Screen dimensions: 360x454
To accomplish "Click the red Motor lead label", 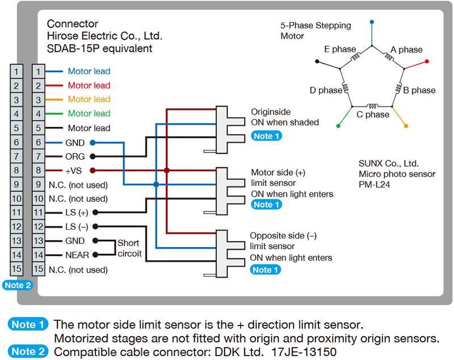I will pyautogui.click(x=89, y=86).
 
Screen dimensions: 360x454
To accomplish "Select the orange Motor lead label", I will pyautogui.click(x=89, y=100).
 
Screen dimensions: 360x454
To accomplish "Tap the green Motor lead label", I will pyautogui.click(x=89, y=114).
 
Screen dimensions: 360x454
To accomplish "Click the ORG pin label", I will pyautogui.click(x=76, y=156).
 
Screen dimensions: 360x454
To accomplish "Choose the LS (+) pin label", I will pyautogui.click(x=77, y=212).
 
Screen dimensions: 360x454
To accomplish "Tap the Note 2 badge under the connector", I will pyautogui.click(x=18, y=285).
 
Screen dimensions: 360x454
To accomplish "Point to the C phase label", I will pyautogui.click(x=373, y=115).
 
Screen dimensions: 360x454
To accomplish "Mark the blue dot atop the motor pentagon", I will pyautogui.click(x=372, y=22).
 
